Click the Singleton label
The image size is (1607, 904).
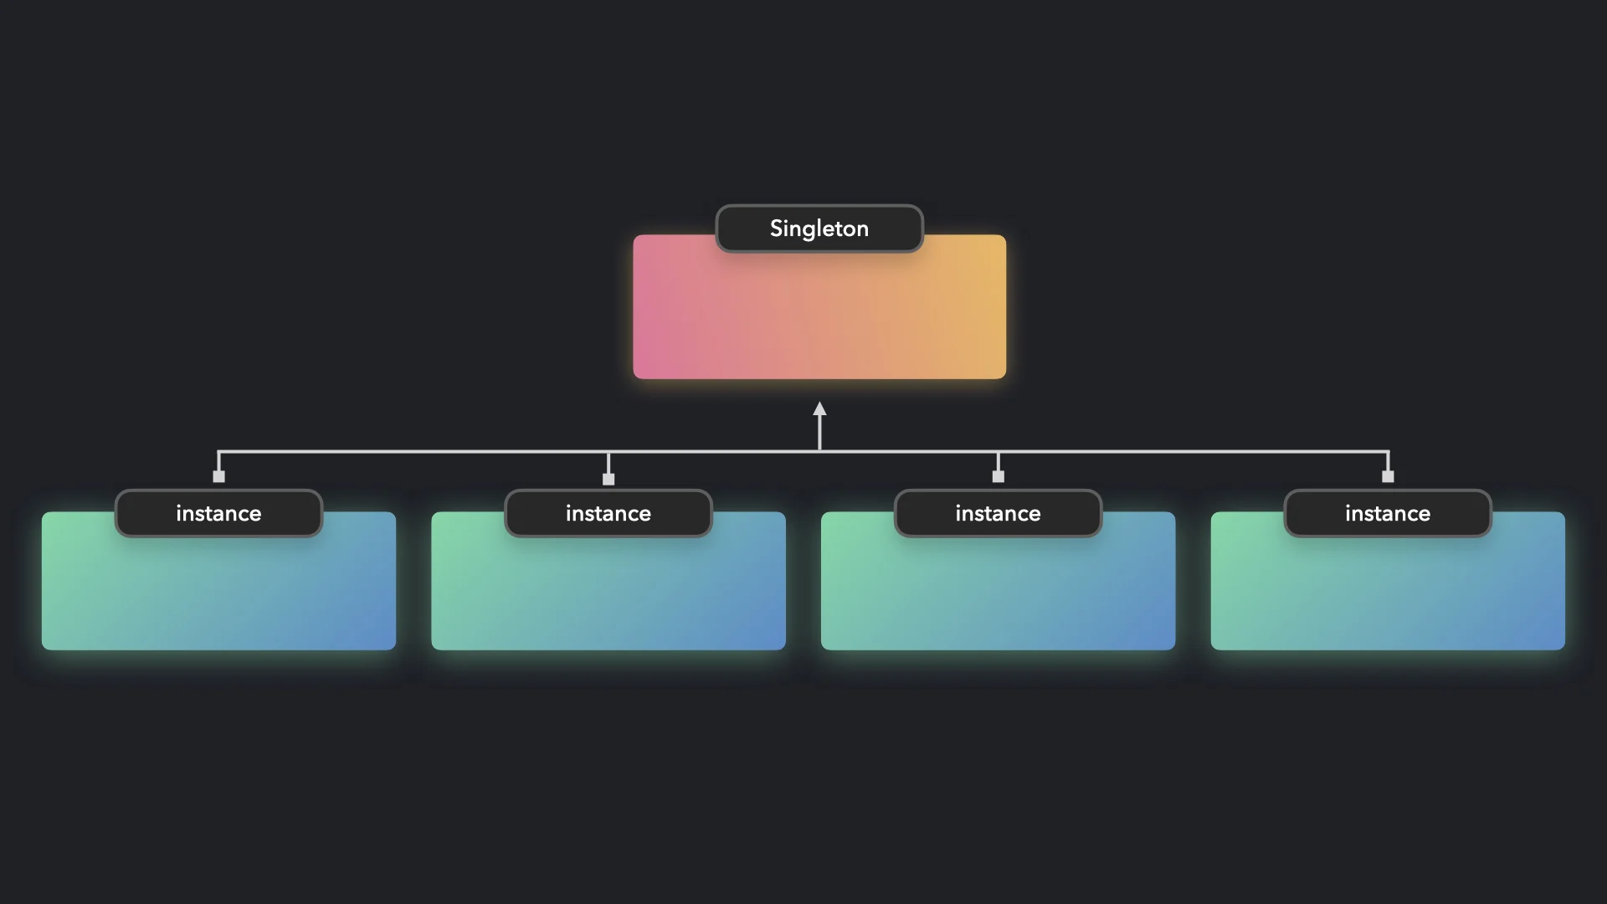click(819, 229)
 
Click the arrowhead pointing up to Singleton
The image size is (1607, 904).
click(819, 408)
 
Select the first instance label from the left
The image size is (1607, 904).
click(218, 513)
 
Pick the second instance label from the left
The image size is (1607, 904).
click(608, 513)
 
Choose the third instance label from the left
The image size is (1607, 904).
click(998, 513)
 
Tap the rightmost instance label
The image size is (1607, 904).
click(1388, 513)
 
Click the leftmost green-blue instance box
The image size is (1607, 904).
click(218, 594)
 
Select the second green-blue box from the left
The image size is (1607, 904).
click(608, 594)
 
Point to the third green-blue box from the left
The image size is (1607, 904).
click(998, 594)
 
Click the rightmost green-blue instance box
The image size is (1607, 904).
click(1388, 594)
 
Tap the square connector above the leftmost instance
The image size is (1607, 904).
click(218, 476)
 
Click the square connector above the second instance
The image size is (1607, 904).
click(608, 479)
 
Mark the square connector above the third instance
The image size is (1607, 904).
click(998, 476)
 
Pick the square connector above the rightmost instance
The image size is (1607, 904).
click(1388, 476)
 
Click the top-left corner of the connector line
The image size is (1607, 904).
click(218, 452)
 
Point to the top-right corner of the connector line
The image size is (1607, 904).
click(1388, 452)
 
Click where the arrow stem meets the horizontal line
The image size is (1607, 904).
click(819, 451)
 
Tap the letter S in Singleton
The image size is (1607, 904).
click(776, 229)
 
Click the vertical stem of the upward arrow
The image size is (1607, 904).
click(819, 431)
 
